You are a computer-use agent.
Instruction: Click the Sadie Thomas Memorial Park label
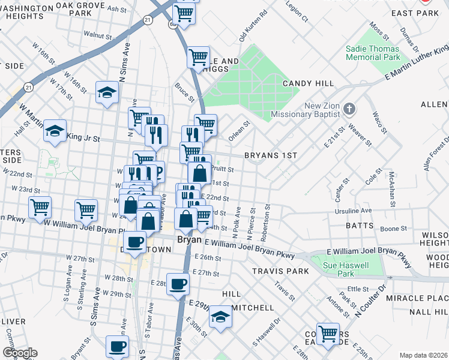click(372, 52)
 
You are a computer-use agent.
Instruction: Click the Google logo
click(20, 353)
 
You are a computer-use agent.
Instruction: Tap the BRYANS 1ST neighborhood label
click(271, 155)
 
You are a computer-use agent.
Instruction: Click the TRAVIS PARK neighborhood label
click(280, 271)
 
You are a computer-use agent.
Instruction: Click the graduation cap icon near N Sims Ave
click(107, 93)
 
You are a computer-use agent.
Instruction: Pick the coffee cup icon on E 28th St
click(177, 284)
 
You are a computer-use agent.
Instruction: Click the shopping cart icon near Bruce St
click(198, 58)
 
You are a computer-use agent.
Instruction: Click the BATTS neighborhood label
click(360, 226)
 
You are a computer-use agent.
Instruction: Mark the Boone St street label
click(394, 229)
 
